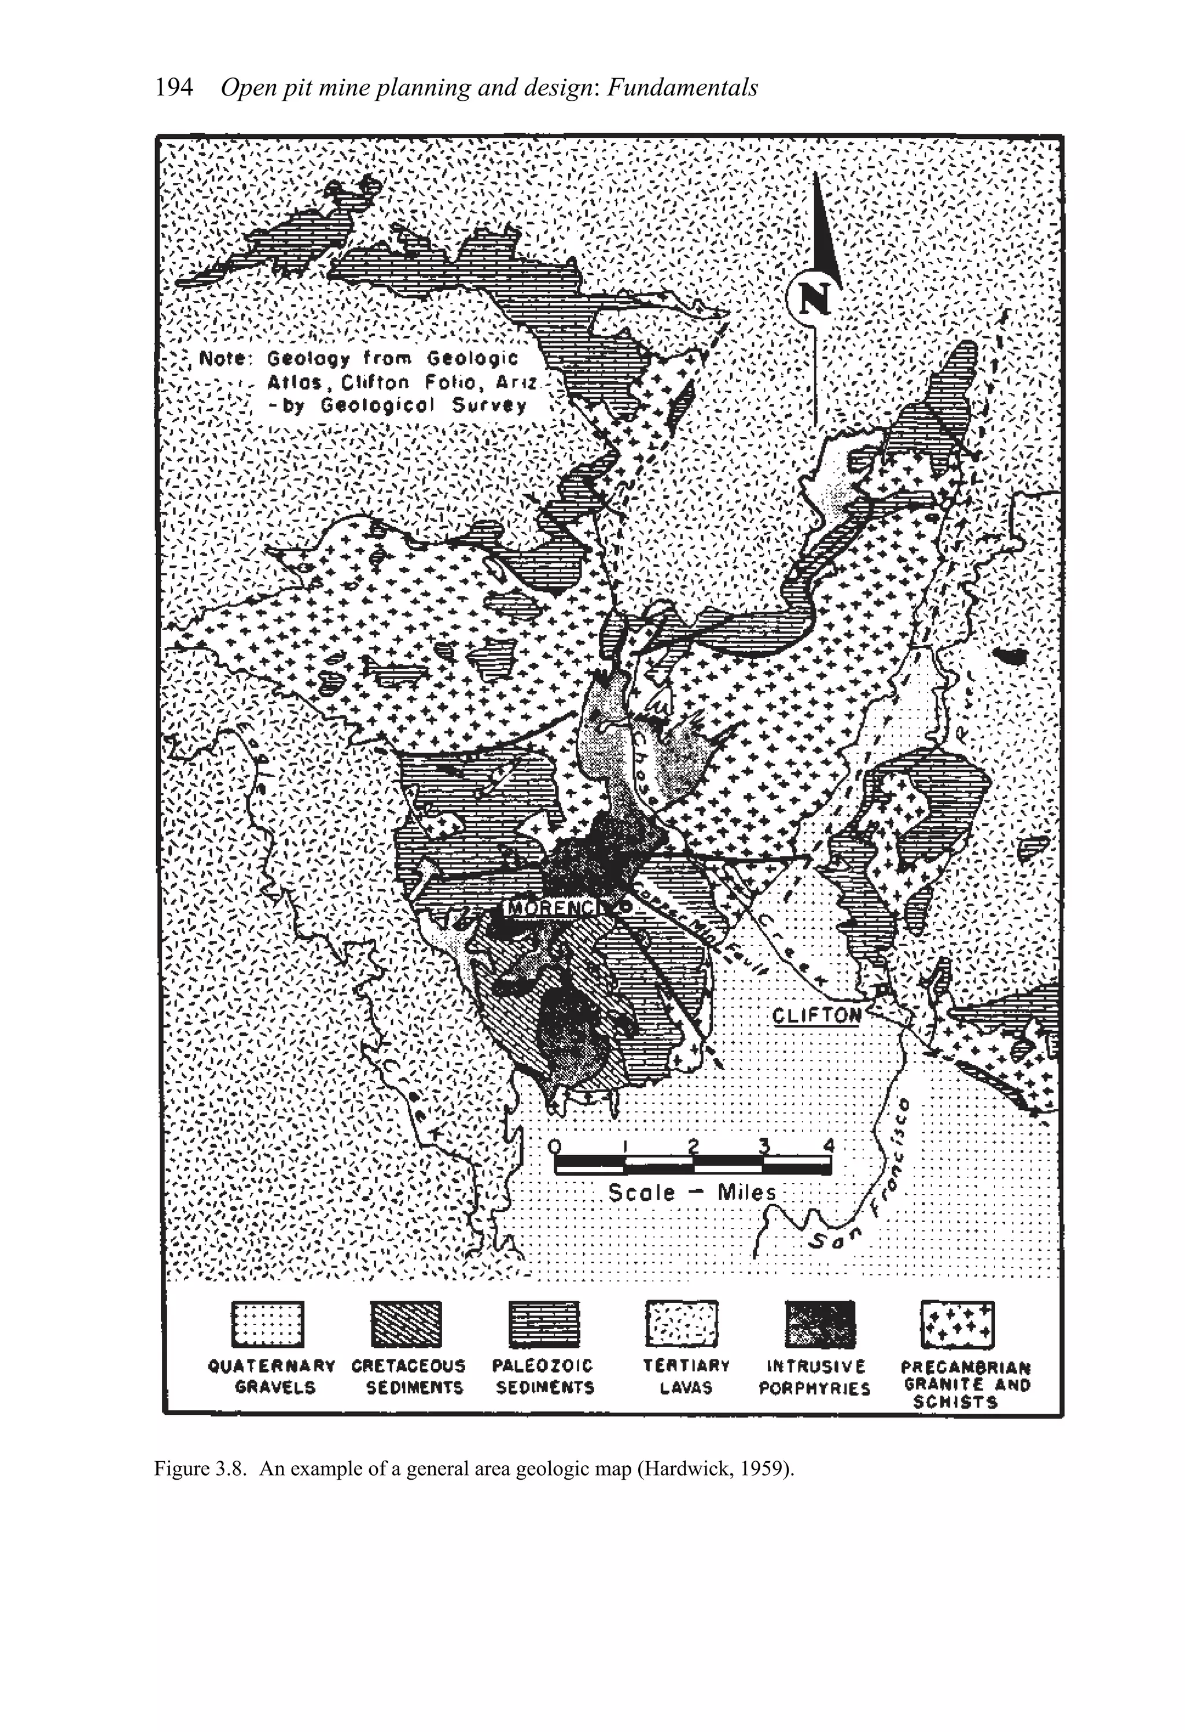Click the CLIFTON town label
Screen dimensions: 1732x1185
[816, 1015]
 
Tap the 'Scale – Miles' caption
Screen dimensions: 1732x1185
[691, 1193]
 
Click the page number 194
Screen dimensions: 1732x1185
[174, 89]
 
